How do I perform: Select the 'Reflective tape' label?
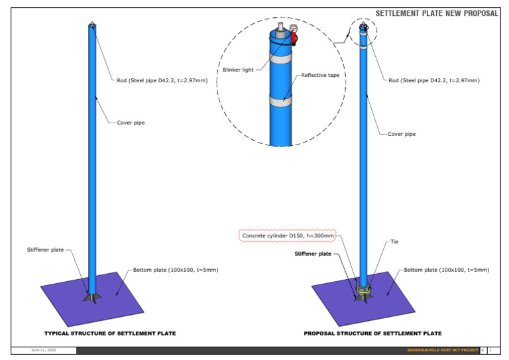320,76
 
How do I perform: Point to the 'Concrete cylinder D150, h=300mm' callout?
288,235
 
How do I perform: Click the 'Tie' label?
396,242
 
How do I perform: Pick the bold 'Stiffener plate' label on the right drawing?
313,254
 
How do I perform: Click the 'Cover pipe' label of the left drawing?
131,123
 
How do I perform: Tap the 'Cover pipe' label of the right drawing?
401,135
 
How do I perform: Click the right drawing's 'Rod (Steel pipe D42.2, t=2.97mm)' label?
433,80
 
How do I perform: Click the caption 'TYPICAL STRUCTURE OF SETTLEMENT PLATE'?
110,333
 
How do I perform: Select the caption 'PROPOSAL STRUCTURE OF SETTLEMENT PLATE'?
372,333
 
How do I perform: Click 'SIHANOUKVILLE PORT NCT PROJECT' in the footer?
442,350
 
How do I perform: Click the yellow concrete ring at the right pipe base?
363,290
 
